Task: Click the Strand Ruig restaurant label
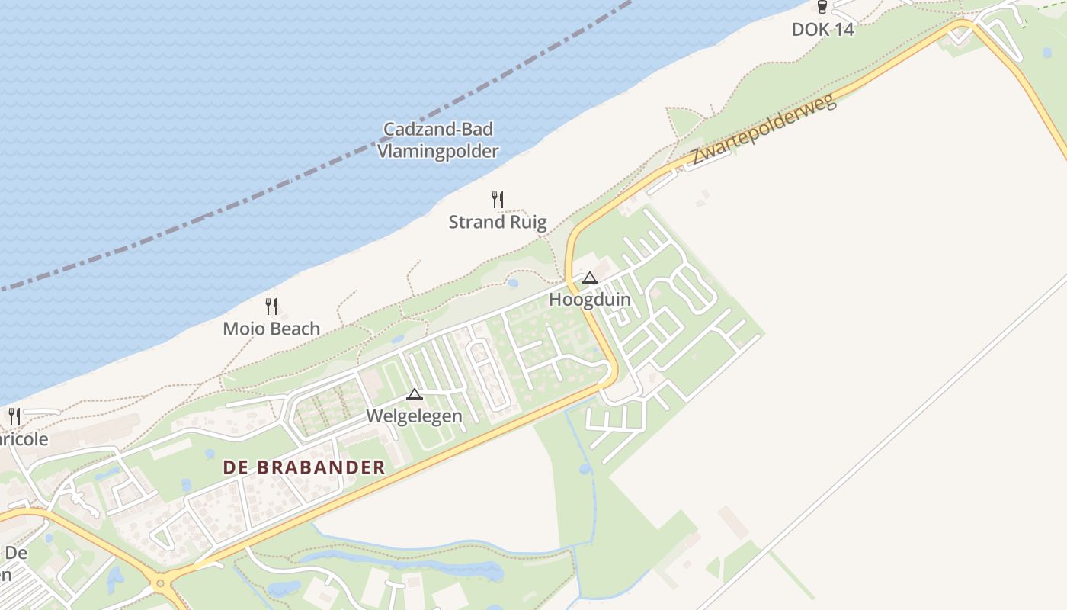click(498, 223)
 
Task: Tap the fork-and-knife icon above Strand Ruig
click(498, 201)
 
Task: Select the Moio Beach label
click(271, 329)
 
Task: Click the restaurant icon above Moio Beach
click(271, 307)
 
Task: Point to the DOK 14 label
click(822, 30)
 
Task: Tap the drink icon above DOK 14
click(822, 8)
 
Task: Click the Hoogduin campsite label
click(590, 300)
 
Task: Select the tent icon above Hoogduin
click(590, 278)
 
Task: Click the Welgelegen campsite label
click(414, 416)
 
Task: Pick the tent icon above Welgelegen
click(414, 394)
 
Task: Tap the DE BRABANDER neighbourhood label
click(304, 468)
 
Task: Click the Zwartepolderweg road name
click(764, 130)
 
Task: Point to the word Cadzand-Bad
click(438, 130)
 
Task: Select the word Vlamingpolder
click(438, 151)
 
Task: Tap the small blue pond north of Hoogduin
click(513, 284)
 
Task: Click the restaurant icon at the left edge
click(14, 416)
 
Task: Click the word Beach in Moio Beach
click(295, 329)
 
